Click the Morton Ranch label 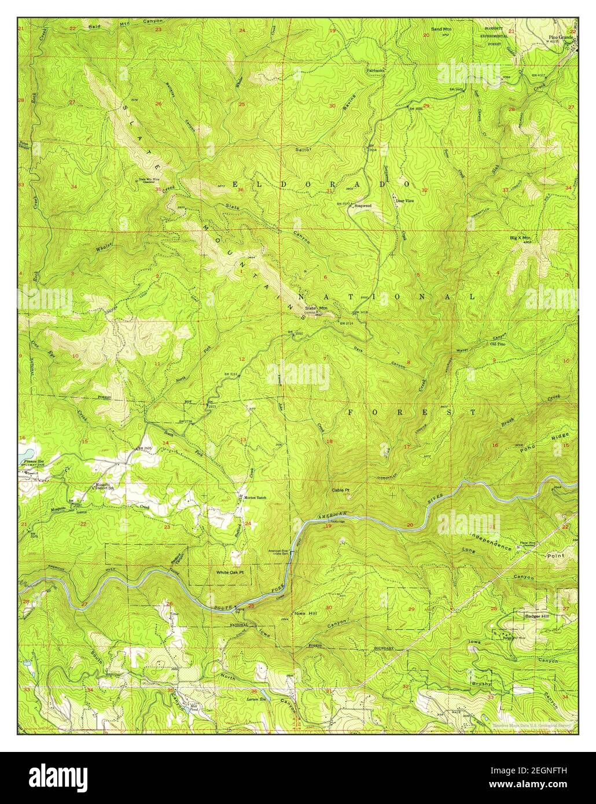(257, 497)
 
